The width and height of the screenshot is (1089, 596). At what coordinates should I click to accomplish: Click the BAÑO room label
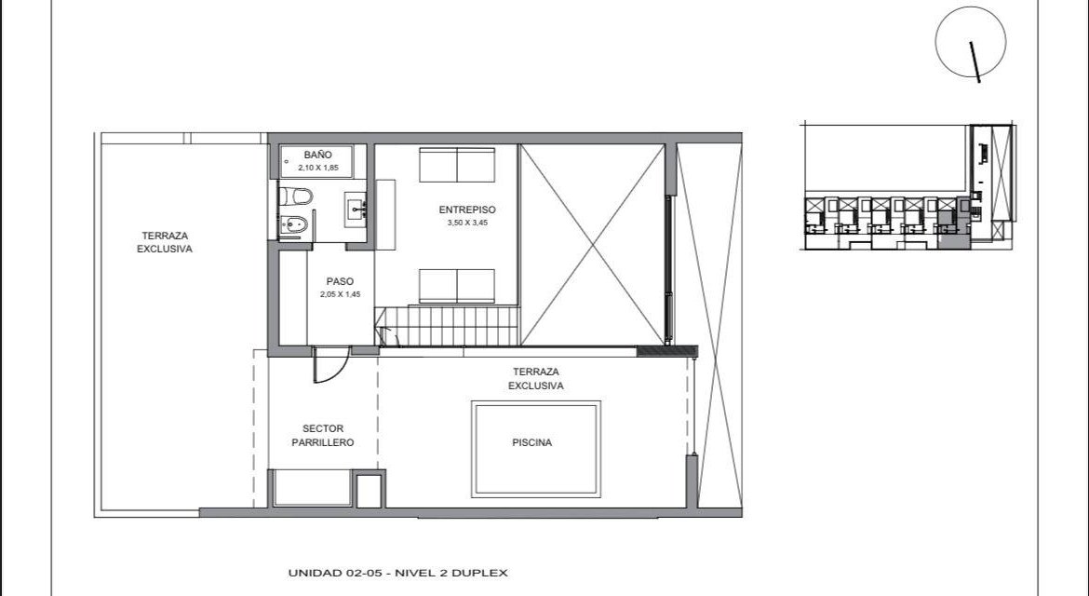pyautogui.click(x=317, y=155)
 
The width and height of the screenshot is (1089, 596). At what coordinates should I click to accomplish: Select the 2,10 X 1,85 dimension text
pyautogui.click(x=318, y=168)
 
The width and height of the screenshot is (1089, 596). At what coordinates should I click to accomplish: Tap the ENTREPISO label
pyautogui.click(x=467, y=210)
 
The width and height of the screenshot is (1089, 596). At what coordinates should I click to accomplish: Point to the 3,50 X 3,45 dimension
pyautogui.click(x=467, y=223)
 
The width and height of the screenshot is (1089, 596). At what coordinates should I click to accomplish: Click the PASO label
pyautogui.click(x=340, y=281)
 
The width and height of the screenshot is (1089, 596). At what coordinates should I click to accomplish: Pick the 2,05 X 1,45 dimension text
pyautogui.click(x=341, y=294)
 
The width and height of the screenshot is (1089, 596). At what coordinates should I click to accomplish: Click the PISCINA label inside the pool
pyautogui.click(x=532, y=442)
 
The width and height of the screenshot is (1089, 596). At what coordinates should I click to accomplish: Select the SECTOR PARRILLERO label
pyautogui.click(x=322, y=436)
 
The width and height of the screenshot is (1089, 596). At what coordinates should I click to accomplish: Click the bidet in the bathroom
pyautogui.click(x=294, y=224)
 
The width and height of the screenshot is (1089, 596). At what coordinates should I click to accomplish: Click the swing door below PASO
pyautogui.click(x=329, y=365)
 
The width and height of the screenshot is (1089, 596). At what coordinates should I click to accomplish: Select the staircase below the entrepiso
pyautogui.click(x=448, y=326)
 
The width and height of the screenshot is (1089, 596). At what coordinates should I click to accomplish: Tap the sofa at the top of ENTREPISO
pyautogui.click(x=457, y=166)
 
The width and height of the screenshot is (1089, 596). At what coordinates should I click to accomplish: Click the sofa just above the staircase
pyautogui.click(x=457, y=286)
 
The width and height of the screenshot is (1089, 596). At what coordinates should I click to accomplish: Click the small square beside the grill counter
pyautogui.click(x=368, y=491)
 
